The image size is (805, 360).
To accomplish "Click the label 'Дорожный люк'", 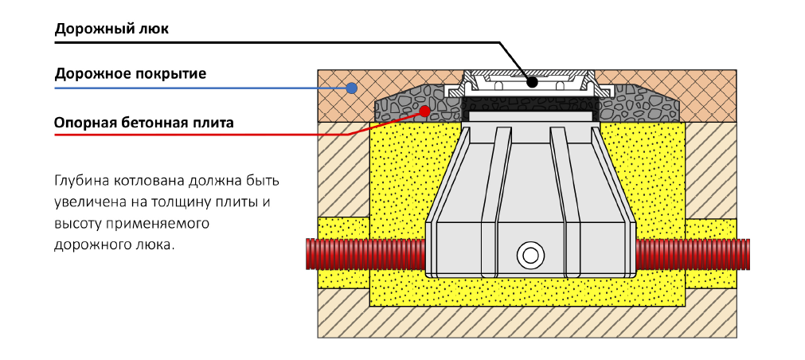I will coord(111,29).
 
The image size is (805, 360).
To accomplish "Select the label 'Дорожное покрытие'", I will coord(131,74).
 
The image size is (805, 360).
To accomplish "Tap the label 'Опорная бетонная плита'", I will coord(143,123).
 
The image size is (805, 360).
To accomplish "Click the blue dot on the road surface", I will coord(350,89).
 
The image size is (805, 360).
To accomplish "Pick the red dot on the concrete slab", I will coord(426,110).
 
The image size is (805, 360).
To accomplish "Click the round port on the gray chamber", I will coord(529,256).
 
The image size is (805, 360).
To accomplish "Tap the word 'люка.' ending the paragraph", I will coord(153,245).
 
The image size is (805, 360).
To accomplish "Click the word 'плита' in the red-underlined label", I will coord(213,123).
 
